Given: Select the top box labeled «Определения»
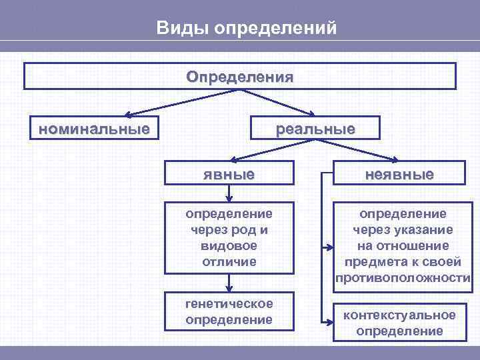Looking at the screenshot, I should click(240, 76).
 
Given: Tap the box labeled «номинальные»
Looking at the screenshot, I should click(93, 127).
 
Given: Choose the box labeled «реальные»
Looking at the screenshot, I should click(315, 128).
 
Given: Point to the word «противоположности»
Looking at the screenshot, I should click(403, 277).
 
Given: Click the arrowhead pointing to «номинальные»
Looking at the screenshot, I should click(129, 115).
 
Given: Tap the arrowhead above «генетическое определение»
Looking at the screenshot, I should click(229, 288).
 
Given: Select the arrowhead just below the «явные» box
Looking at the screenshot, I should click(229, 198).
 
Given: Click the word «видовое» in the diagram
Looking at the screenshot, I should click(229, 245).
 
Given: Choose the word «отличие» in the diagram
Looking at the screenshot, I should click(229, 261).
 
